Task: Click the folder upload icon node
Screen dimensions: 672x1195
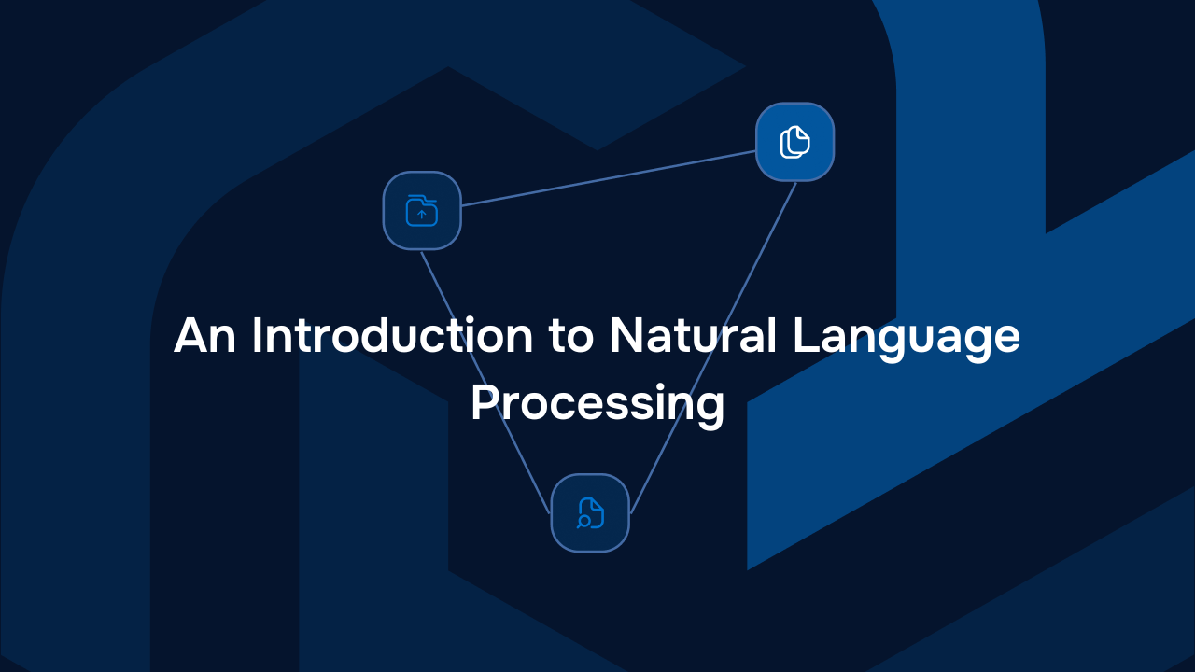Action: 422,211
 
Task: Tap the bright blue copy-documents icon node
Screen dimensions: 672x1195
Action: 794,142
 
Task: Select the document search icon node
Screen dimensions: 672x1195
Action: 590,513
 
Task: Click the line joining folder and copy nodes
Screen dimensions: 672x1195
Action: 607,177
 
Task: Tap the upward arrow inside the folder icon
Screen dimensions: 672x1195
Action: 422,215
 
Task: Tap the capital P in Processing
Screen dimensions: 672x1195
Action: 482,403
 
